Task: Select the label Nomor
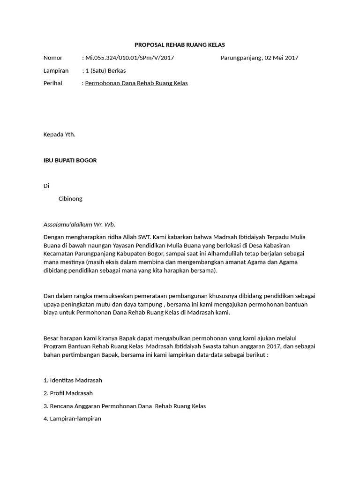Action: click(53, 58)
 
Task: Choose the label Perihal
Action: click(53, 83)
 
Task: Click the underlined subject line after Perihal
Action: click(136, 83)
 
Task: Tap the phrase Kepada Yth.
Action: click(60, 135)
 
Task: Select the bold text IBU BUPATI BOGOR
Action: click(70, 160)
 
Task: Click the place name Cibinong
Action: click(70, 199)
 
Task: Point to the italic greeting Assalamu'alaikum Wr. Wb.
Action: click(79, 225)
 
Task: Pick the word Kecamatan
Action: click(60, 254)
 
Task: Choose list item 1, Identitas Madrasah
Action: click(73, 380)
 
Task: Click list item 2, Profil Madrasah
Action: click(68, 393)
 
